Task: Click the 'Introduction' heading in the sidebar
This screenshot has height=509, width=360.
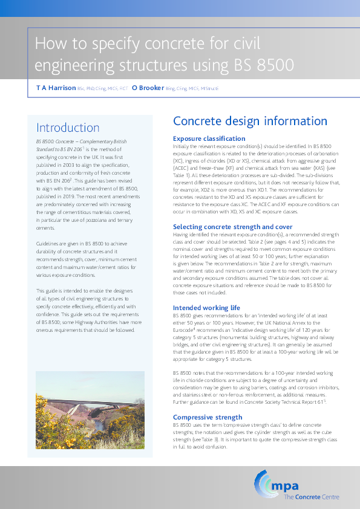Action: click(68, 128)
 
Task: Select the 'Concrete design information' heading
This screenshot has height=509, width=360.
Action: click(250, 121)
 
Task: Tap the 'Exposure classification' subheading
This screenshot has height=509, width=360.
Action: click(209, 138)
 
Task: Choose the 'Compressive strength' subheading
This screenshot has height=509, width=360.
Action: click(208, 417)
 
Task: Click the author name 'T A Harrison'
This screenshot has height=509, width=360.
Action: click(56, 88)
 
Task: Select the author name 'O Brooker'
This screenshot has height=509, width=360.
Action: click(148, 88)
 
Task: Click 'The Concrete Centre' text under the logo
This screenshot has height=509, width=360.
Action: click(311, 498)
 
